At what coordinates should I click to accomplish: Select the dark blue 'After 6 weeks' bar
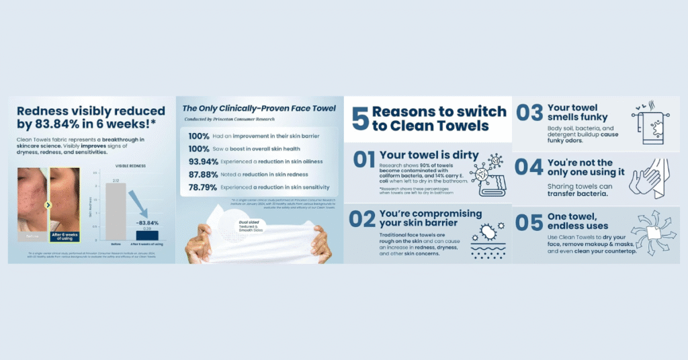click(x=147, y=235)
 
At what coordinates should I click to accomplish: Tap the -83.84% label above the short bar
click(x=147, y=222)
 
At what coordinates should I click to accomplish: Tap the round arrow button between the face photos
click(x=48, y=205)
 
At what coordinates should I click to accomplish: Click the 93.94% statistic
click(x=202, y=161)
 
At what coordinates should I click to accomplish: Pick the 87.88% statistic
click(x=202, y=173)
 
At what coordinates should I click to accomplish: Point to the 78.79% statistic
click(x=202, y=187)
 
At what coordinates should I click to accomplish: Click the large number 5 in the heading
click(x=359, y=118)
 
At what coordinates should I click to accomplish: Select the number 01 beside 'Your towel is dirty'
click(x=363, y=160)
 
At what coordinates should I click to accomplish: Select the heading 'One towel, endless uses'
click(x=570, y=222)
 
